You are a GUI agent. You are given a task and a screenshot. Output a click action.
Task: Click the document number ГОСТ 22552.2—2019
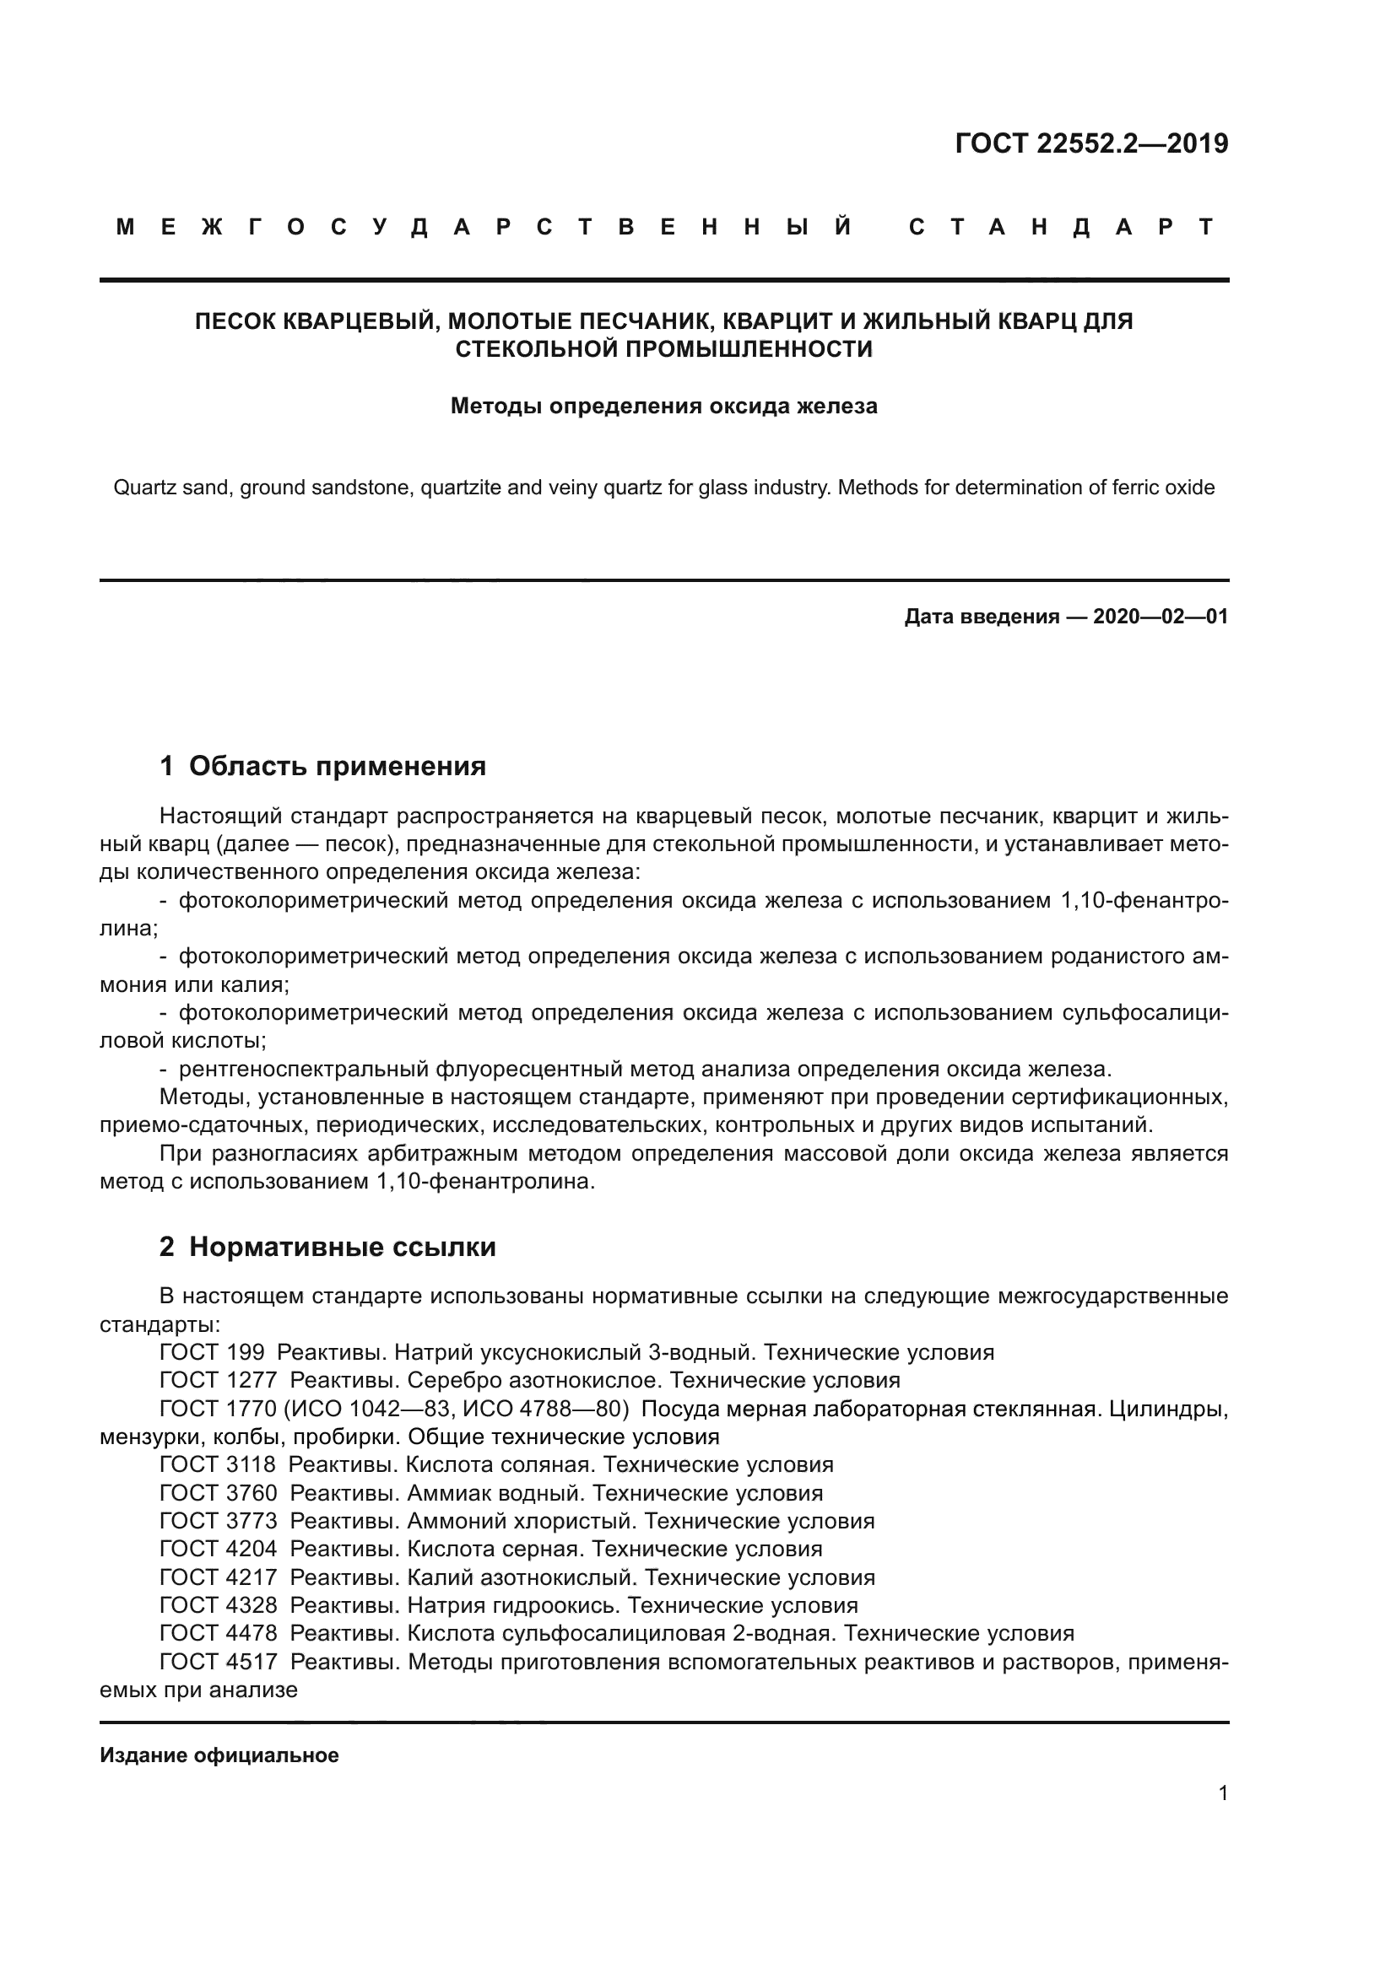point(1090,143)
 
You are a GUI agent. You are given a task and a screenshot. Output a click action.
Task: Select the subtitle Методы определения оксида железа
point(663,406)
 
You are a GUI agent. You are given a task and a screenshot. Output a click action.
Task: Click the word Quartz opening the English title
point(138,488)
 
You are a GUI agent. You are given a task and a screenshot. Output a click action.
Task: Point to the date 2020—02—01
point(1160,616)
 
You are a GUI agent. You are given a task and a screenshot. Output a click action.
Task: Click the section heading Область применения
point(337,766)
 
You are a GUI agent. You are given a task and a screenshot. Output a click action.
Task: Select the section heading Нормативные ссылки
point(342,1247)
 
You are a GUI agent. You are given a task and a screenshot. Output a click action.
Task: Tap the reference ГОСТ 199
point(212,1352)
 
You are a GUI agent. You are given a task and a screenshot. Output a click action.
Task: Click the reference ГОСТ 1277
point(219,1381)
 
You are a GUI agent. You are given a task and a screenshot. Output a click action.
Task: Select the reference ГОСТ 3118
point(218,1465)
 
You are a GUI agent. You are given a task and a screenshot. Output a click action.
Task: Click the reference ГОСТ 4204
point(219,1550)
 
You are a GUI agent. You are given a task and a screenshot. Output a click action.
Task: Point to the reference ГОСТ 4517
point(219,1662)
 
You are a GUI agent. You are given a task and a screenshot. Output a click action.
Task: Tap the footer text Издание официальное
point(219,1755)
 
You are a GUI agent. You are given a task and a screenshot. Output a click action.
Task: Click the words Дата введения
point(981,616)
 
